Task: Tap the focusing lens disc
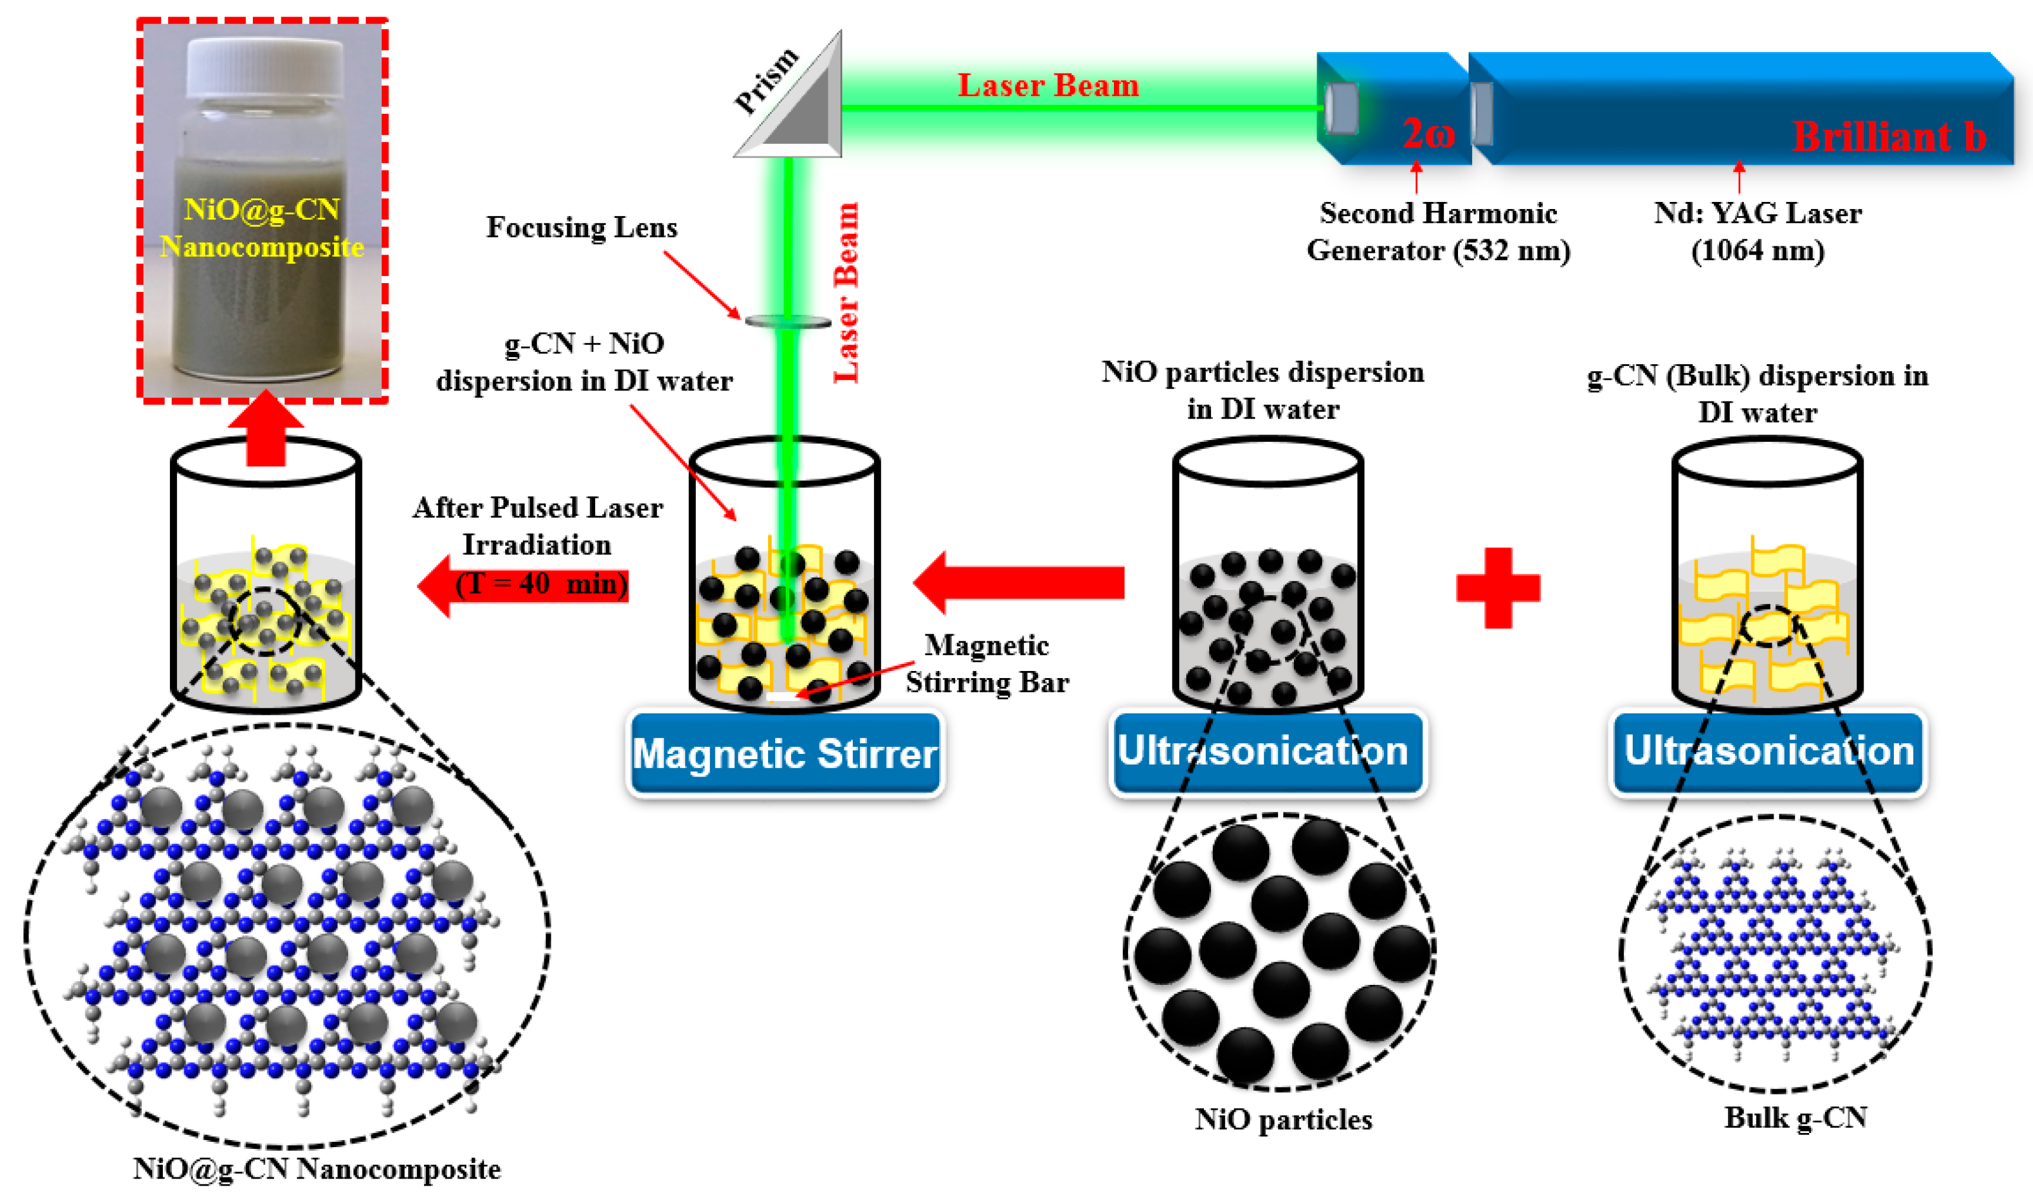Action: pyautogui.click(x=788, y=322)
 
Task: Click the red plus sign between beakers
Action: pyautogui.click(x=1498, y=587)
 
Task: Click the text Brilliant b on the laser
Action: pyautogui.click(x=1888, y=136)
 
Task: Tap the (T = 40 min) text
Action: pyautogui.click(x=541, y=584)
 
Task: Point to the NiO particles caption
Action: pyautogui.click(x=1283, y=1120)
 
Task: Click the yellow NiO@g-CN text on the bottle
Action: pyautogui.click(x=261, y=209)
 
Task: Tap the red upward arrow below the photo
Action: pyautogui.click(x=265, y=430)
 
